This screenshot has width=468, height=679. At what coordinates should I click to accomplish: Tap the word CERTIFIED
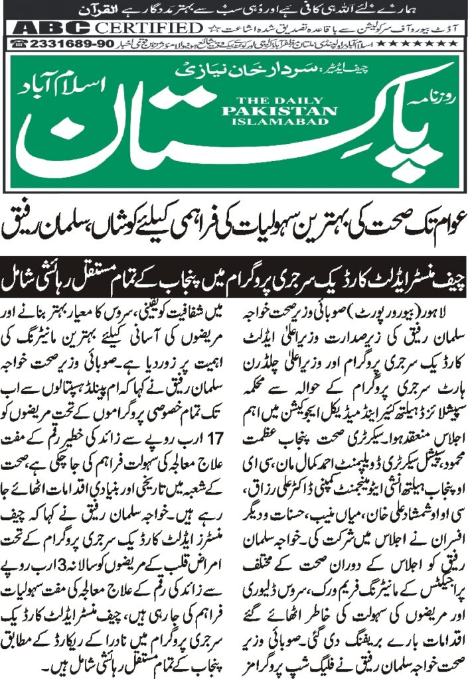pyautogui.click(x=147, y=28)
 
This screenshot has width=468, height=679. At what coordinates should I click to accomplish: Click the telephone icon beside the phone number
pyautogui.click(x=18, y=43)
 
